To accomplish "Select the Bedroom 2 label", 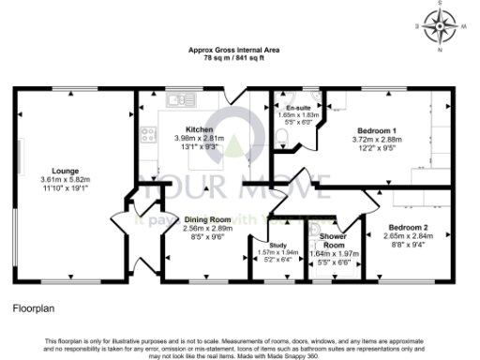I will (409, 228).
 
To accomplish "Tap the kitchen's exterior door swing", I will (232, 97).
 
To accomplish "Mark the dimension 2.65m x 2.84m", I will (409, 236).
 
